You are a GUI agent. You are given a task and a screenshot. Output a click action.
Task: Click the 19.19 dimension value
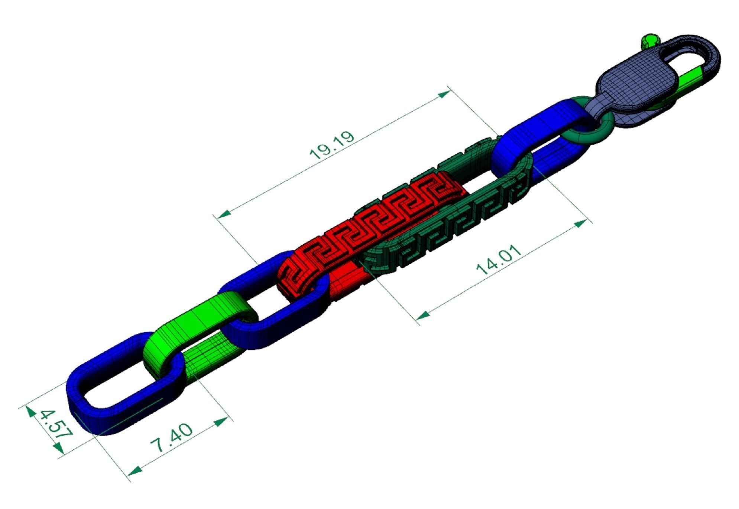point(332,145)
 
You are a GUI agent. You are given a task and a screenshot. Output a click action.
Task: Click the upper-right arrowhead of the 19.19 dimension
point(444,94)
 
